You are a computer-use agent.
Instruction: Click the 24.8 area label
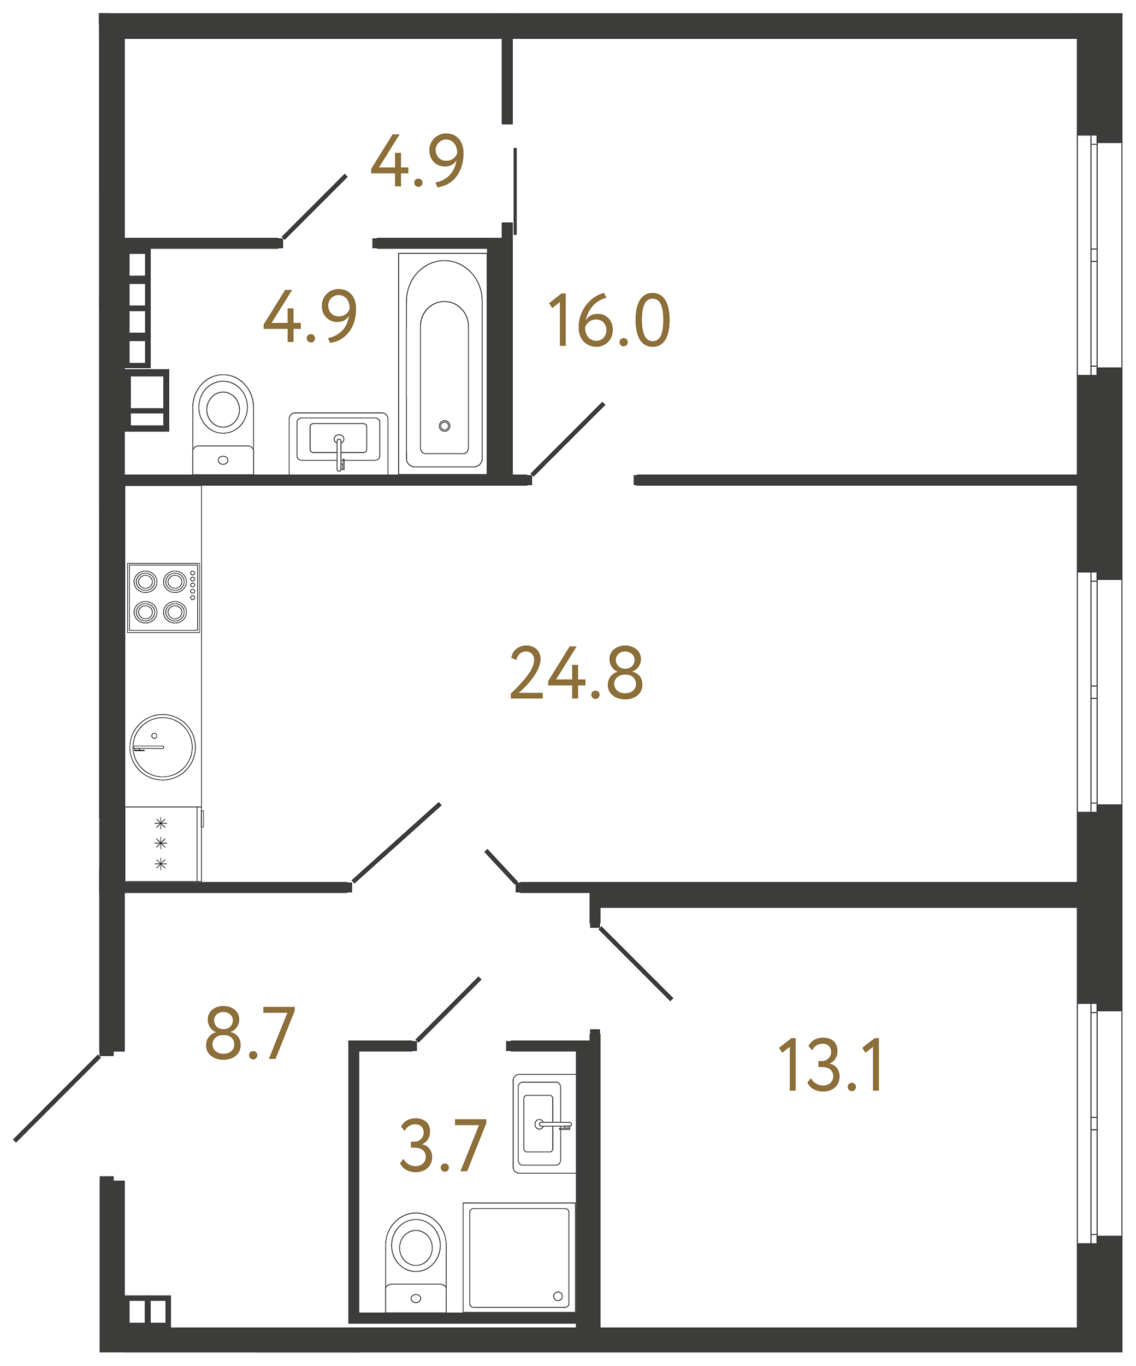576,673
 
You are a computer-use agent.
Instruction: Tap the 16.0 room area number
610,320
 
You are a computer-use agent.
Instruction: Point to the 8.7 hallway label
250,1033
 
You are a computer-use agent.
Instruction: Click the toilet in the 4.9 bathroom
223,424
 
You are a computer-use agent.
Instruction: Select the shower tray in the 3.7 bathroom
519,1257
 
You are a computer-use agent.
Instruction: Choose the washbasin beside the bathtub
338,443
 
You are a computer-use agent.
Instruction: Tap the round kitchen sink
163,747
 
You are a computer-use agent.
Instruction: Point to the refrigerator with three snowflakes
163,844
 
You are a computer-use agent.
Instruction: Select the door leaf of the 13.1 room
635,963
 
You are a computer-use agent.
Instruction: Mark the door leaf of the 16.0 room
567,440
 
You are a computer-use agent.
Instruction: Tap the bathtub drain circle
444,426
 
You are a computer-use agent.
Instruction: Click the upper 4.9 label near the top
417,161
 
